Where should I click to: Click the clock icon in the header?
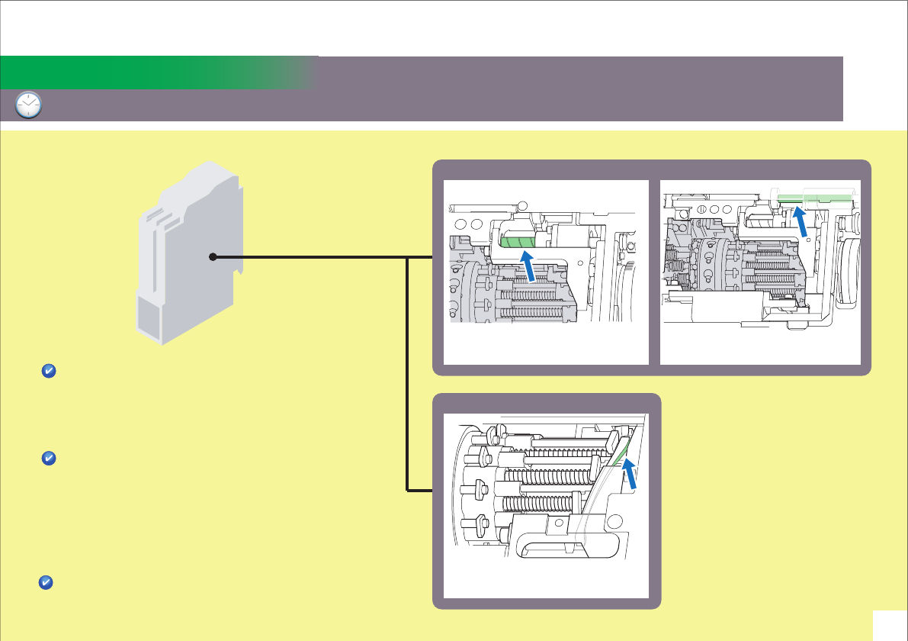[x=28, y=105]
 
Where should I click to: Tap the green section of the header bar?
[x=152, y=72]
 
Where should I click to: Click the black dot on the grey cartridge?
[x=213, y=257]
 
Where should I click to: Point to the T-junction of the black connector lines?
[x=409, y=257]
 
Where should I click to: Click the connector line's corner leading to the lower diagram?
[x=409, y=489]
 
